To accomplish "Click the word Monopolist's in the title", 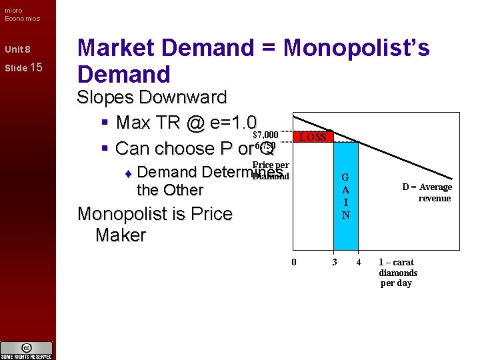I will (x=357, y=48).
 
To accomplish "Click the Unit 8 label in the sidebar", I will (x=17, y=50).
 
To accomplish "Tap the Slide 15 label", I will (x=23, y=67).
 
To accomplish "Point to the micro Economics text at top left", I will (x=22, y=14).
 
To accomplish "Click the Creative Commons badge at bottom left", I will (x=27, y=350).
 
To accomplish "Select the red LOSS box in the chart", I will (x=313, y=137).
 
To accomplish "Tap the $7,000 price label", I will (x=265, y=135).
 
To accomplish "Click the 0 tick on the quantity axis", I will (x=293, y=262).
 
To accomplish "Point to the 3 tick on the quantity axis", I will (x=335, y=262).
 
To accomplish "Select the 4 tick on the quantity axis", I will (x=358, y=262).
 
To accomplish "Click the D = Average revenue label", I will (x=427, y=192).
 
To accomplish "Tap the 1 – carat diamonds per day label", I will (x=398, y=273).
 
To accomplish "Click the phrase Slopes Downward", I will (x=152, y=97).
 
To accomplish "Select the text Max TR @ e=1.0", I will (x=186, y=123).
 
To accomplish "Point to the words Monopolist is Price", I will (x=155, y=214).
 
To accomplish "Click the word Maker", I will (x=120, y=235).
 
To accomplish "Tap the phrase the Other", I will (x=169, y=190).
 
